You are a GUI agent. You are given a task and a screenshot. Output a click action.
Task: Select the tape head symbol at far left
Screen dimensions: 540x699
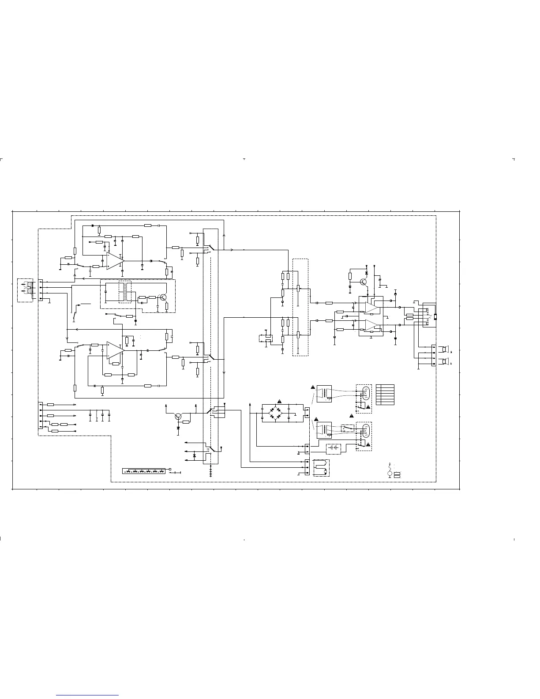pos(26,289)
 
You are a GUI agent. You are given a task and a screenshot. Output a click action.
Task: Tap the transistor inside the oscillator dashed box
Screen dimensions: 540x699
pos(163,297)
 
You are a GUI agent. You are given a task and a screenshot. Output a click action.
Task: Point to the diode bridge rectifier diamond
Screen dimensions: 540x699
pos(276,413)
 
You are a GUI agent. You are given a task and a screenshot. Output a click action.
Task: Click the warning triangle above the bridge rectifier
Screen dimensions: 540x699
pos(279,401)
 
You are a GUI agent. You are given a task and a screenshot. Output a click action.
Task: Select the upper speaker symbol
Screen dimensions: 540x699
pos(445,350)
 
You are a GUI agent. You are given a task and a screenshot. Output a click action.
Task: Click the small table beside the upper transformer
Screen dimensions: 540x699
pos(385,395)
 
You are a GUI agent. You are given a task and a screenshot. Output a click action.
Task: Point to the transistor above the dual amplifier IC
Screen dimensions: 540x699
pos(364,282)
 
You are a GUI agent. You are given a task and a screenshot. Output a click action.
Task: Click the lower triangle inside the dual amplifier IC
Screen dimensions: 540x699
pos(371,326)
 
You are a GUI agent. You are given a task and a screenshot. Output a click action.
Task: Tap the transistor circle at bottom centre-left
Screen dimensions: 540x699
pos(178,416)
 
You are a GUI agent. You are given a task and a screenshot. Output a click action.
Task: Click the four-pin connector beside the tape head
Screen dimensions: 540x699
pos(41,290)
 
